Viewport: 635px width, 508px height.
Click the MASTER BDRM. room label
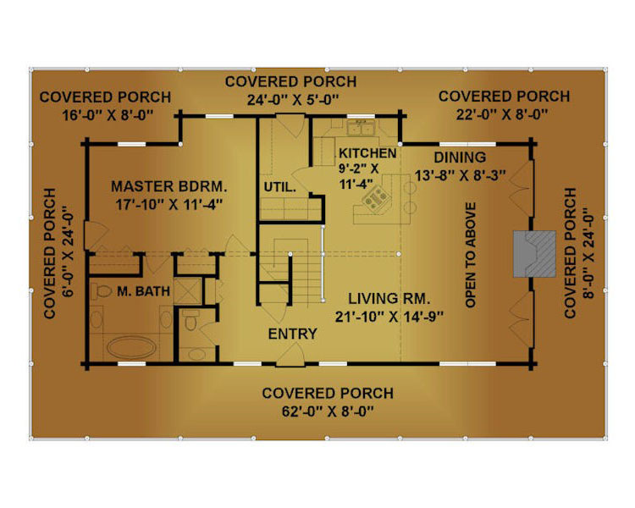pos(169,187)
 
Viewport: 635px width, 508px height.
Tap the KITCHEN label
pos(367,153)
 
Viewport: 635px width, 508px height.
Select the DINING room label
pos(460,157)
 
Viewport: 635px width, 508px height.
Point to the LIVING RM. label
pos(389,299)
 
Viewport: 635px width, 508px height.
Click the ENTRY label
pos(292,334)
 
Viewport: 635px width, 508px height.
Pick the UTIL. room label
pos(280,187)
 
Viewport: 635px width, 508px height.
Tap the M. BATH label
pos(143,291)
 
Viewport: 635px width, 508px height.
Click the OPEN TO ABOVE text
pos(470,255)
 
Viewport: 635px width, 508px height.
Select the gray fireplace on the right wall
pos(534,254)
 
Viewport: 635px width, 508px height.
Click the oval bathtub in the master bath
pos(131,348)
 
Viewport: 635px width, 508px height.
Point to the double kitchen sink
pos(361,128)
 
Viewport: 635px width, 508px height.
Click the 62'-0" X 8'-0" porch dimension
pos(327,412)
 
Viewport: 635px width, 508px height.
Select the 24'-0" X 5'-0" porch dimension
pos(293,99)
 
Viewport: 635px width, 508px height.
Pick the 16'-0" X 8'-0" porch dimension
pos(108,115)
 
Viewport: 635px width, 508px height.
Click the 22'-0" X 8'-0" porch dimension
pos(502,114)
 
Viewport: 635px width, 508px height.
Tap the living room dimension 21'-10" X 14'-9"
pos(389,317)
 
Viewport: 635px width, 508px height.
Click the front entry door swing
pos(290,355)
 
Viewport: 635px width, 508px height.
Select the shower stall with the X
pos(187,291)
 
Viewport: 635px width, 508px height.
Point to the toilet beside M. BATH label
pos(102,291)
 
